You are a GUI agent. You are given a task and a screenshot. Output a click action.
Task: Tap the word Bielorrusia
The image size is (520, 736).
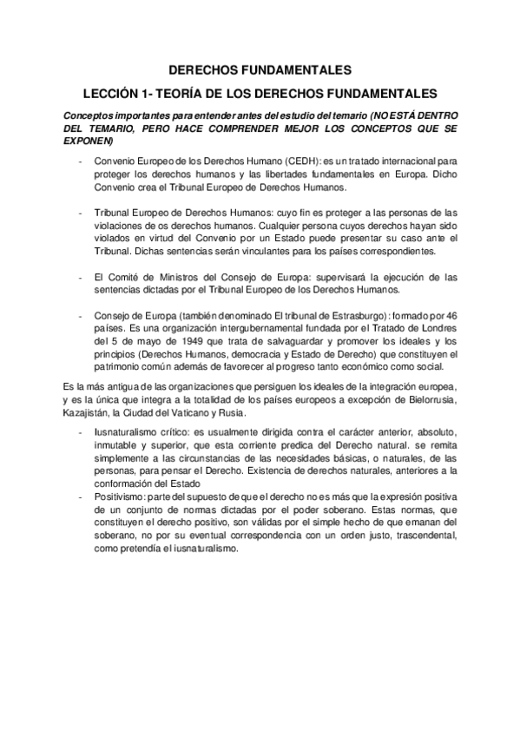pos(437,398)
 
